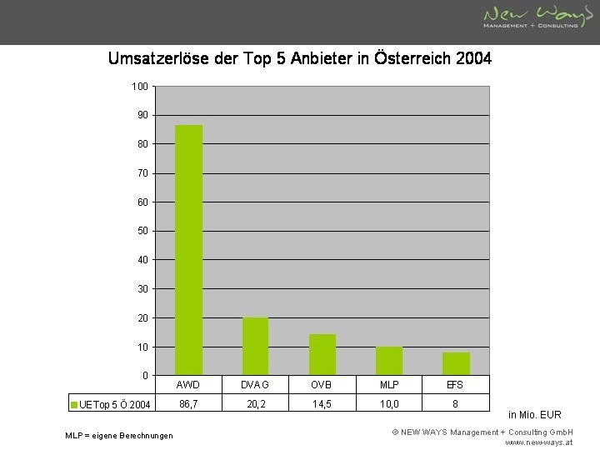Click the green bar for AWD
188,250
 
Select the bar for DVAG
255,346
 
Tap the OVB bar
322,354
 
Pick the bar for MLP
388,361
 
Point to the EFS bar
456,364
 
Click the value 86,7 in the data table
188,404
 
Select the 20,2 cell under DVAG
255,404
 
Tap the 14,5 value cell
322,404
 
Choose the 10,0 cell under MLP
388,404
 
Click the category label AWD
188,385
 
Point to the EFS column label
456,385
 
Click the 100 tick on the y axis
140,87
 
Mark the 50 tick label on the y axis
142,231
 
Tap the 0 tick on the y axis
145,376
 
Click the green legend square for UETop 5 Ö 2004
74,405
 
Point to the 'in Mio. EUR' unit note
534,414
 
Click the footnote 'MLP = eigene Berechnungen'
119,436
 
